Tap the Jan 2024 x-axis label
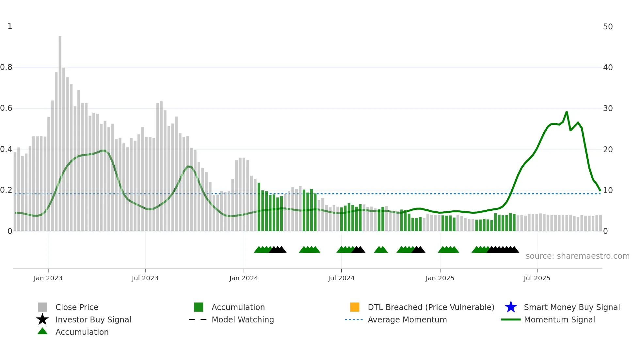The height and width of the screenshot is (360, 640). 244,278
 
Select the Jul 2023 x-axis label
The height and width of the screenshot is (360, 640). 145,278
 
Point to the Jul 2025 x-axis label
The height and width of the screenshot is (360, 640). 537,278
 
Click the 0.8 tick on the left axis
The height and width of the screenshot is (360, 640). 6,67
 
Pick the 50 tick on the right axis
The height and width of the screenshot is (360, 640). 608,27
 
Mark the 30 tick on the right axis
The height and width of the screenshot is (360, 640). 608,108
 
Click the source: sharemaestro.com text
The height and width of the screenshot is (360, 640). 577,256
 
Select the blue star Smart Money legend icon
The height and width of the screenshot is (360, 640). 511,307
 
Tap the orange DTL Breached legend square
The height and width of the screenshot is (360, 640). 355,307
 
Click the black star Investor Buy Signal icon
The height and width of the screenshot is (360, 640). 42,319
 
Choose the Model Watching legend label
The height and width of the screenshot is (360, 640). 243,319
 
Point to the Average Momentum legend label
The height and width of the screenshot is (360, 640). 407,319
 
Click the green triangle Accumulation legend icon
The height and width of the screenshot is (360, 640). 42,332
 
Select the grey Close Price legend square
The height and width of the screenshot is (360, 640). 42,307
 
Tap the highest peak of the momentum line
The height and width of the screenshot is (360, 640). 567,112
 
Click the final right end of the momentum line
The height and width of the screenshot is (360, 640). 600,190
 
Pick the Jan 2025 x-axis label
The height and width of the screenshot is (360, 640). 440,278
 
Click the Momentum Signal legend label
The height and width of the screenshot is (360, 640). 559,319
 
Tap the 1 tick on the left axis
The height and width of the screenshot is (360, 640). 10,26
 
